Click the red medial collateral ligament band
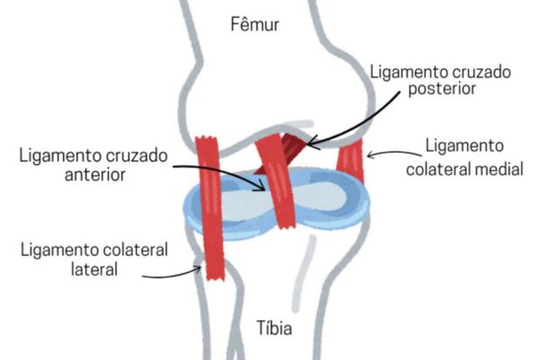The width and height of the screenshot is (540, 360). click(x=350, y=163)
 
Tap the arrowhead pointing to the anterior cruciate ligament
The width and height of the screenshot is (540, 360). click(x=265, y=187)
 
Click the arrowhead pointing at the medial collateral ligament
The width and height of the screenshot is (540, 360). click(x=370, y=154)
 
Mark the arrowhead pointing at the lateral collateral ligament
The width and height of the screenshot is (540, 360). click(x=202, y=265)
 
